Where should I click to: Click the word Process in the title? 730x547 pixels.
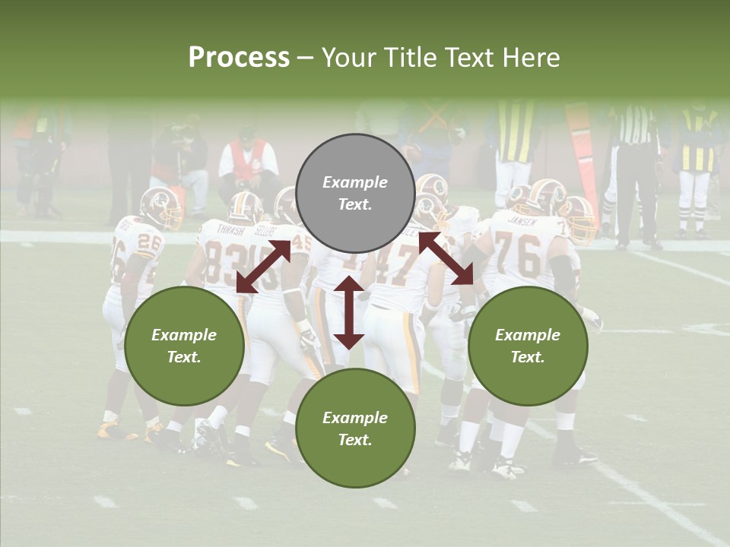(x=239, y=58)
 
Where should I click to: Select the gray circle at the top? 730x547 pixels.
(x=355, y=194)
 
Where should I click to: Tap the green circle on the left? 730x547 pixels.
(x=184, y=346)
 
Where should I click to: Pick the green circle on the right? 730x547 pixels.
(x=527, y=346)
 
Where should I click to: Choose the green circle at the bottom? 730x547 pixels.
(x=355, y=428)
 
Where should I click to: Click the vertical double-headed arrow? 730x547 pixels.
(x=349, y=312)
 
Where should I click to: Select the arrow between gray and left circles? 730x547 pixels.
(x=263, y=267)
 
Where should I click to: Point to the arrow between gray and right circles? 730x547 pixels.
(x=446, y=258)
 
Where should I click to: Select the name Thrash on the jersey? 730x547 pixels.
(x=230, y=229)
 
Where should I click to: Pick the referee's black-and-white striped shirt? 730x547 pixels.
(x=636, y=125)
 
